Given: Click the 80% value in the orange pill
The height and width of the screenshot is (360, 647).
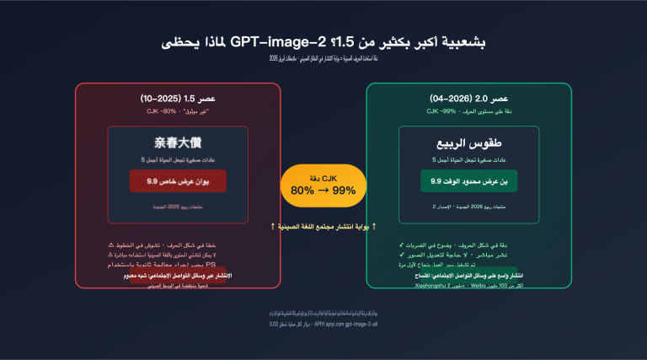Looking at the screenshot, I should point(303,191).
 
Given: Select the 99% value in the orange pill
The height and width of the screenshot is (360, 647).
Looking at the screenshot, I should point(344,191).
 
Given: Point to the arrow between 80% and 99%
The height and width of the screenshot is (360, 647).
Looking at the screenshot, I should point(323,191).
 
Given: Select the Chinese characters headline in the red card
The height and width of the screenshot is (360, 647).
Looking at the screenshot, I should point(178,143).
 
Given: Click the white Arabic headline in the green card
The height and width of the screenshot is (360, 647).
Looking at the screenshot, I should point(468,143).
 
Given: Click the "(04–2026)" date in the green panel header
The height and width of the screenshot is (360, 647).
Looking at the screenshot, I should point(448,99).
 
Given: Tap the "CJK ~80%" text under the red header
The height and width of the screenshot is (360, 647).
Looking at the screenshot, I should point(160,110).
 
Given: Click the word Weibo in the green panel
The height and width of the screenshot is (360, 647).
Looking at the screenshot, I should point(479,286).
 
